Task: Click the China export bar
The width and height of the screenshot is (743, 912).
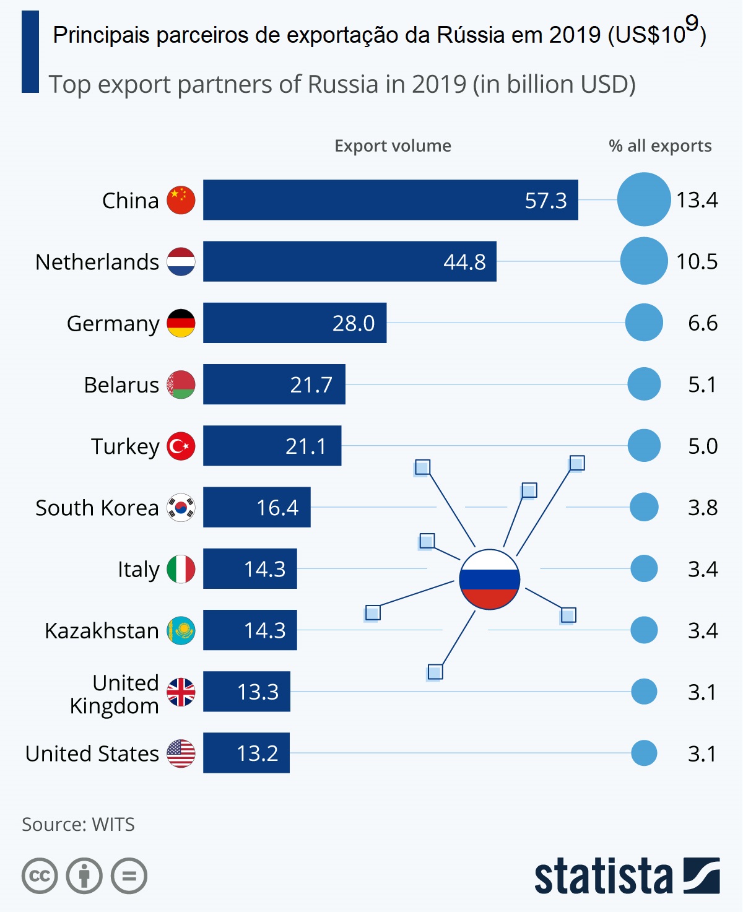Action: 390,200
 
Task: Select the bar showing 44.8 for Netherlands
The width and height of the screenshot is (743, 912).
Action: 349,261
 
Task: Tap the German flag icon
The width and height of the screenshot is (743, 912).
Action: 181,323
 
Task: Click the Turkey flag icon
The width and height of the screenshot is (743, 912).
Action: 181,446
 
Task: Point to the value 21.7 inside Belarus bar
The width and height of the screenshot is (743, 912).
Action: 311,384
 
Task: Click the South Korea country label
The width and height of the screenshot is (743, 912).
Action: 97,508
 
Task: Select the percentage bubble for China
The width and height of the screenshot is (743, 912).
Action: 644,199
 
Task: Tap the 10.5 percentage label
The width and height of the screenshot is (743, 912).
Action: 697,261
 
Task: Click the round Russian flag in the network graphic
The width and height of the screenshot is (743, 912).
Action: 489,580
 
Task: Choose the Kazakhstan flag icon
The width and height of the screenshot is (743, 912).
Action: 181,630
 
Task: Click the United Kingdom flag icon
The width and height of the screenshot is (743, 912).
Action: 181,692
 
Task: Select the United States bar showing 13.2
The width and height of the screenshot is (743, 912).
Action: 246,753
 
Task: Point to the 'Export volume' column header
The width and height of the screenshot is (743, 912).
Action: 393,145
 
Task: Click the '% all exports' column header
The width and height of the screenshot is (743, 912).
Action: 660,145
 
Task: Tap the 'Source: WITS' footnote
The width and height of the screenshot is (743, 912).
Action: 78,824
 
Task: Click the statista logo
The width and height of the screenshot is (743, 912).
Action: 627,875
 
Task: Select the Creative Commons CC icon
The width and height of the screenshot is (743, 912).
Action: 40,876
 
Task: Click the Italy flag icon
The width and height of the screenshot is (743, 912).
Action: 181,569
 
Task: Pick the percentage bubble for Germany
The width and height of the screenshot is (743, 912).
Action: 644,323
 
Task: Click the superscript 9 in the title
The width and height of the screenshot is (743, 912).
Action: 692,23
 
